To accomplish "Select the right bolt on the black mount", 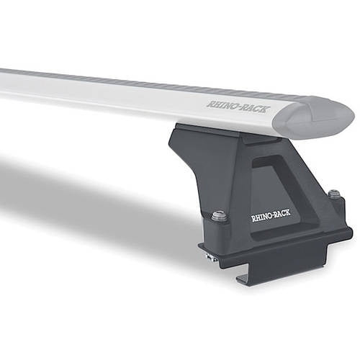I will coord(333,195).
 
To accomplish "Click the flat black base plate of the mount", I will coord(288,248).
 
